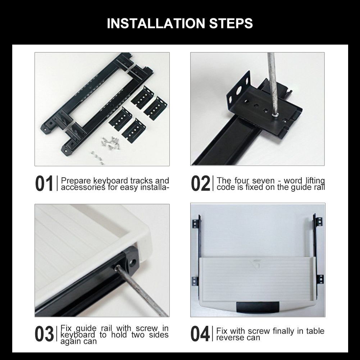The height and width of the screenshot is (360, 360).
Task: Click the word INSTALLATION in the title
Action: point(156,23)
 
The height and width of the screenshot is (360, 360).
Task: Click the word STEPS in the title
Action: point(231,23)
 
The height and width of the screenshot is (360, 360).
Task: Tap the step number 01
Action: point(44,183)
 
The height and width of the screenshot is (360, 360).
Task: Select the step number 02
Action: point(200,183)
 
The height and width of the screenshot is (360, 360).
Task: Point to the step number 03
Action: point(44,334)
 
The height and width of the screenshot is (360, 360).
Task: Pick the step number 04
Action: point(200,334)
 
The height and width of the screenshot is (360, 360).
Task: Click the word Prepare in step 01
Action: point(76,181)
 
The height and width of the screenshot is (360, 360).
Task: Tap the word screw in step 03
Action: point(147,328)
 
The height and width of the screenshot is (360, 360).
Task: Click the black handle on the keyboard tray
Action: point(258,307)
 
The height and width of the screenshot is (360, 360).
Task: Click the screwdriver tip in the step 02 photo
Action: point(275,115)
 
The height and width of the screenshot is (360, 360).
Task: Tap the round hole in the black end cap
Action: point(132,262)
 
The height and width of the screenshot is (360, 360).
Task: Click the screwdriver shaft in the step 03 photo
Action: point(142,292)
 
